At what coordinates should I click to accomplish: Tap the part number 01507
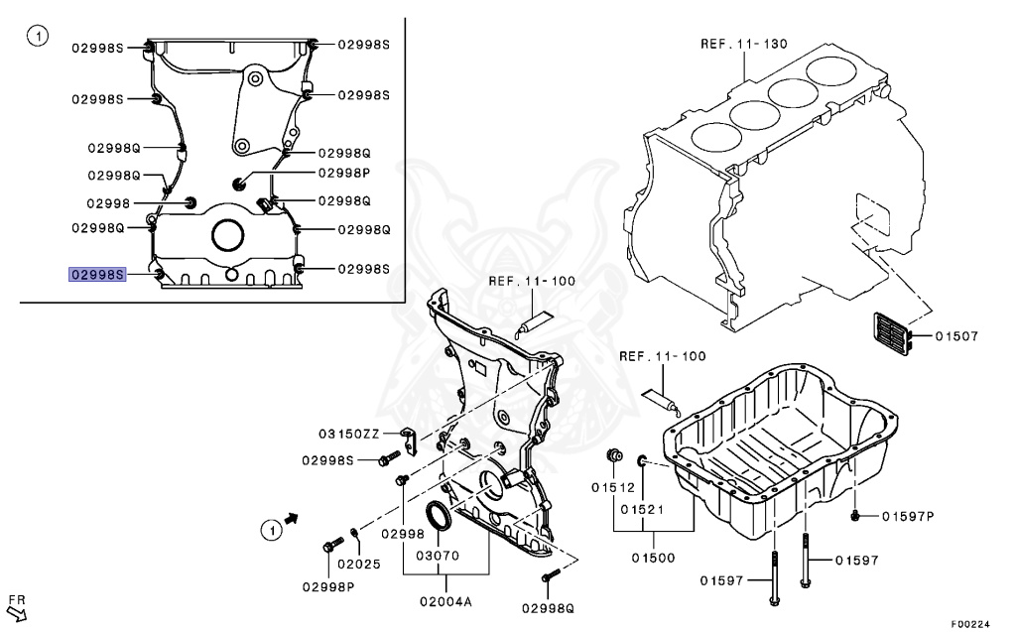point(956,336)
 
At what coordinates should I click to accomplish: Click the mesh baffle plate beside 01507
point(890,335)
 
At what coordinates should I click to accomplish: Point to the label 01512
point(612,487)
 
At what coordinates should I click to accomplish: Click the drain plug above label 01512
point(615,455)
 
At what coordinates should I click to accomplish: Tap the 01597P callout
point(906,515)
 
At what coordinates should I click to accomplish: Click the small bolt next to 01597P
point(855,515)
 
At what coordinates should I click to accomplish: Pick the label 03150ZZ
point(349,434)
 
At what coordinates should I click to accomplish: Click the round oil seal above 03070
point(438,517)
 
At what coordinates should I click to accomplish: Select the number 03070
point(438,556)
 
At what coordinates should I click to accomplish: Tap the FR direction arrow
point(17,615)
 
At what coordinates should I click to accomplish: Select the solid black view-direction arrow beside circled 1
point(291,518)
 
